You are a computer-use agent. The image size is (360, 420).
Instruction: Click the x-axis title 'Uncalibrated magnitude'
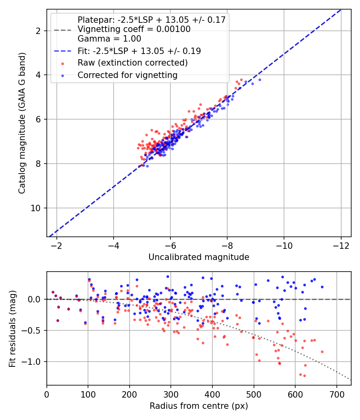click(199, 257)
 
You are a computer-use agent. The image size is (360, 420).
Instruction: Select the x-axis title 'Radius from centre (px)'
click(199, 406)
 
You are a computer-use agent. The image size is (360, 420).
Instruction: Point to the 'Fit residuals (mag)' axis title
click(12, 328)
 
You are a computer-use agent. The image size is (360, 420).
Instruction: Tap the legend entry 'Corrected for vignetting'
click(127, 75)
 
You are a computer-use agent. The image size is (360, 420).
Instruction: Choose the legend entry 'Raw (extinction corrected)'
click(132, 63)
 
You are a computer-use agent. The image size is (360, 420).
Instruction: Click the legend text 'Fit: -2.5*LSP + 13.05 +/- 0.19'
click(139, 51)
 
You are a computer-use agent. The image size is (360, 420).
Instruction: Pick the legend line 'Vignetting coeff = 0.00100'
click(134, 29)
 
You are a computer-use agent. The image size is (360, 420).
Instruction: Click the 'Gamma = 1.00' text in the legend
click(109, 39)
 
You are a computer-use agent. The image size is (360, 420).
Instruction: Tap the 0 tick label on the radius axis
click(47, 394)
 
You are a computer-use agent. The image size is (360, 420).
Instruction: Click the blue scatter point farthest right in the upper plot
click(260, 80)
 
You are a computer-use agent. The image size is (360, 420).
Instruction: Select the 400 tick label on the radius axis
click(212, 394)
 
